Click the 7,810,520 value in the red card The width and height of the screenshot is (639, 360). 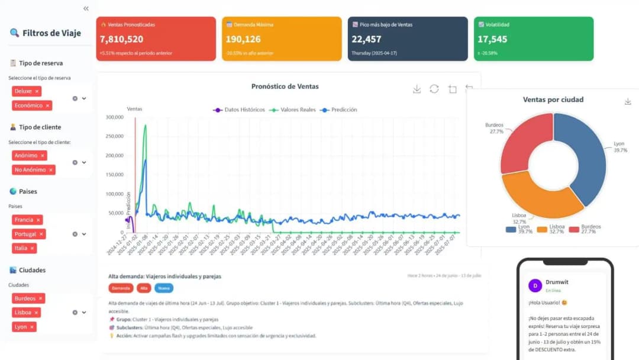pyautogui.click(x=121, y=39)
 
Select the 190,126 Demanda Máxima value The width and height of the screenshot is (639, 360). pyautogui.click(x=243, y=39)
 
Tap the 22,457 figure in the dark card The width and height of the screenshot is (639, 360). pyautogui.click(x=366, y=39)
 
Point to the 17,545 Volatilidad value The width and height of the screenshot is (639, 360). pyautogui.click(x=492, y=39)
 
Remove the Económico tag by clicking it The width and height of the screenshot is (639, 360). pyautogui.click(x=32, y=105)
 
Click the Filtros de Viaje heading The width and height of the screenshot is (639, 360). pyautogui.click(x=51, y=33)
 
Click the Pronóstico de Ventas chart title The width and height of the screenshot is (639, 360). pyautogui.click(x=285, y=86)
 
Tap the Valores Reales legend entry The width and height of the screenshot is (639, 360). pyautogui.click(x=293, y=110)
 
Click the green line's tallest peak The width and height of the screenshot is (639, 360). pyautogui.click(x=145, y=126)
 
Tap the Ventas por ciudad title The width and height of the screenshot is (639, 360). pyautogui.click(x=553, y=99)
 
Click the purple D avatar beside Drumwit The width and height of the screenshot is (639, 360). pyautogui.click(x=535, y=285)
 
